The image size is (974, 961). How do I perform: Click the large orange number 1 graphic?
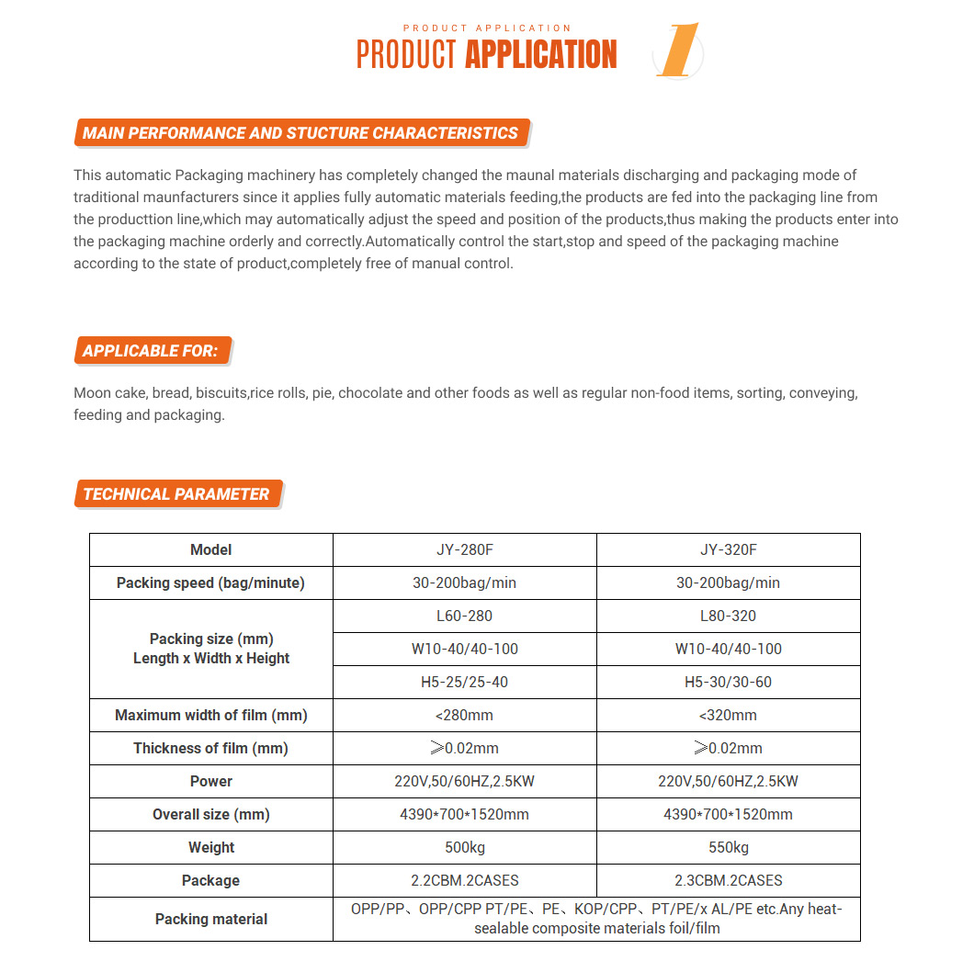click(x=679, y=52)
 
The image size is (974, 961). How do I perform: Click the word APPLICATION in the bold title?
click(x=540, y=55)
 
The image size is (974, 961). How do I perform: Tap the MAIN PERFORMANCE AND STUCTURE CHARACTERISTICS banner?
click(x=300, y=133)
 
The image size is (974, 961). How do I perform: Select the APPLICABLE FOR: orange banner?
click(x=151, y=351)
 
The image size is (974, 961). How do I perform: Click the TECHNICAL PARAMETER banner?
click(x=176, y=494)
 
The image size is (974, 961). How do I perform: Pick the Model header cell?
click(x=210, y=549)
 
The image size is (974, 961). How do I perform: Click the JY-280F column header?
click(x=464, y=549)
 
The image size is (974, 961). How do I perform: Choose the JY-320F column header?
click(x=728, y=549)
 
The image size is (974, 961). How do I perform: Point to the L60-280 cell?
click(x=464, y=616)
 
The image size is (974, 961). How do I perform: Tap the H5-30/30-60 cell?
click(x=728, y=682)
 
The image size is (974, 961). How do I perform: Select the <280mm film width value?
click(x=464, y=715)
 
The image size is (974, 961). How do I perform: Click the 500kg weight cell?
click(x=464, y=847)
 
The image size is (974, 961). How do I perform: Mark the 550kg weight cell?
click(x=728, y=847)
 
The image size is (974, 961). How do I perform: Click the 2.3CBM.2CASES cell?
click(x=728, y=880)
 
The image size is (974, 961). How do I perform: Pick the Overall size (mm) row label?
click(x=210, y=814)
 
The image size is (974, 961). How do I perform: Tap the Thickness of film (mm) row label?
click(x=210, y=748)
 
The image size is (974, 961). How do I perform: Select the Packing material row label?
click(x=210, y=919)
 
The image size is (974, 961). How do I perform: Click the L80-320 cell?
click(x=728, y=616)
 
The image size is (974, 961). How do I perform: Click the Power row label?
click(x=210, y=781)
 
